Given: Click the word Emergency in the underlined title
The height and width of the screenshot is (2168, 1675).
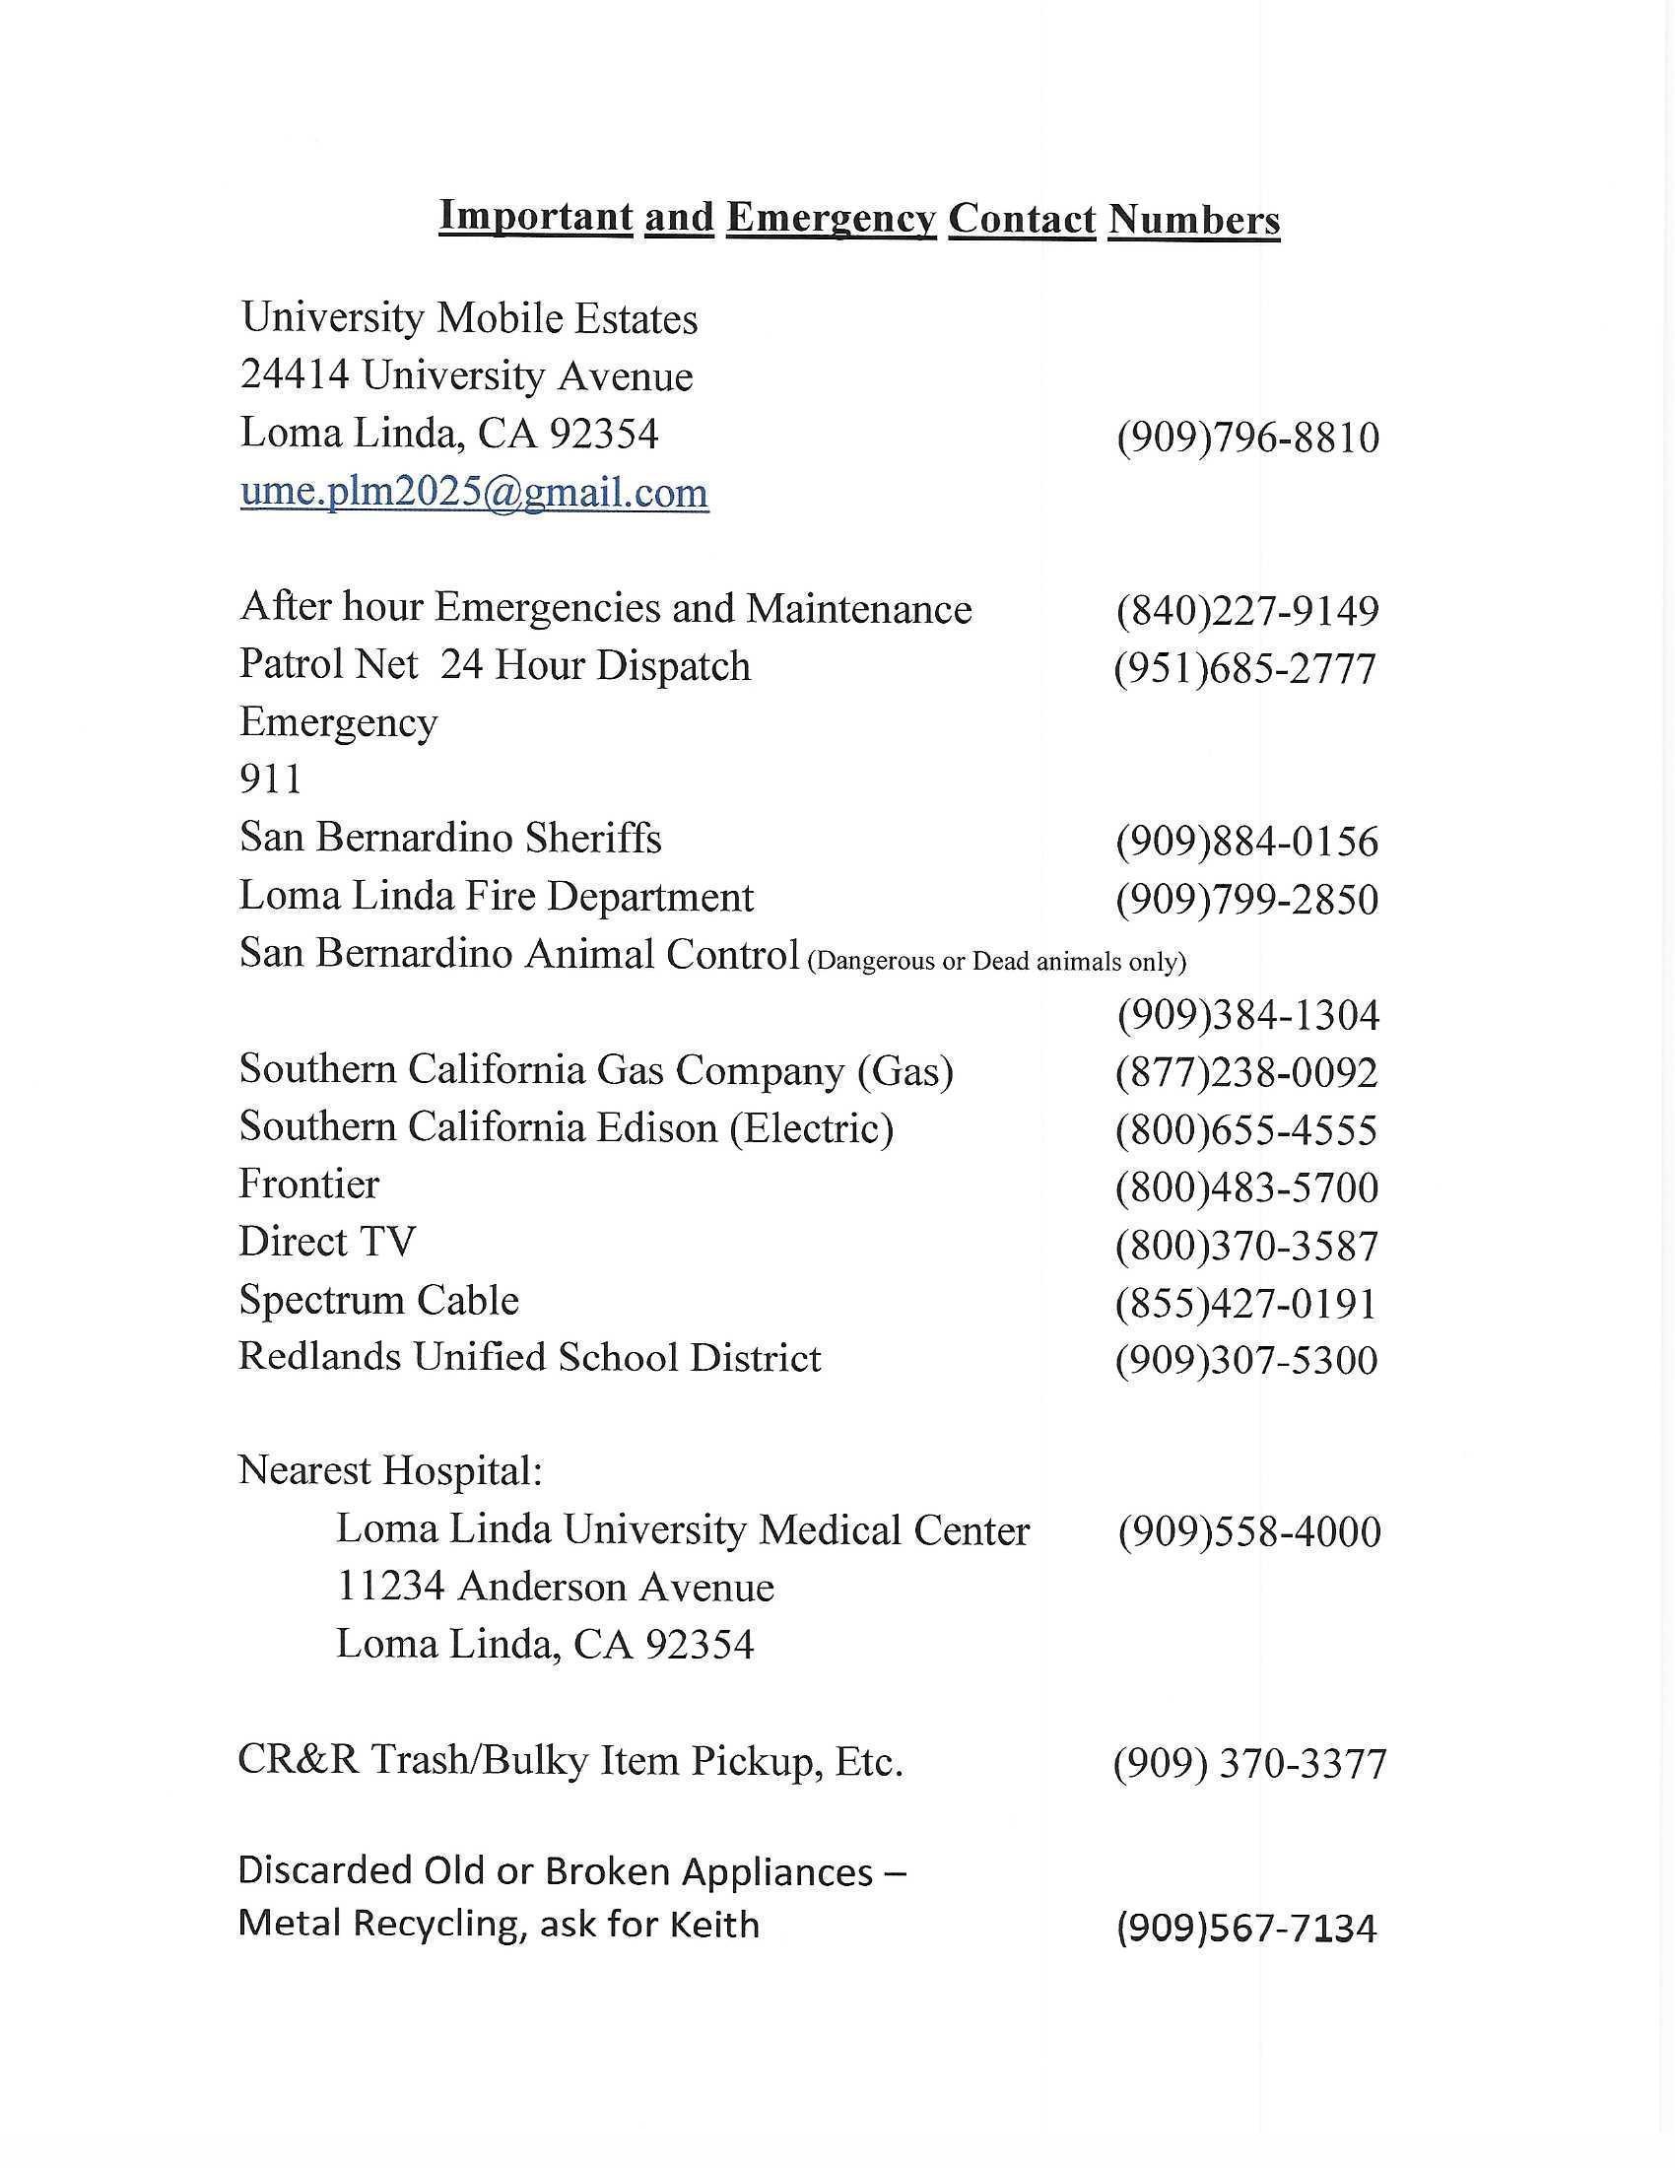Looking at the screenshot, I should [x=831, y=219].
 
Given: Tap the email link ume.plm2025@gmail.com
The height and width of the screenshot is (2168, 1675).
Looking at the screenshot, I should [x=474, y=493].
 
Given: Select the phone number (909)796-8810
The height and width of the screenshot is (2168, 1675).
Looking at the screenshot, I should [x=1247, y=438].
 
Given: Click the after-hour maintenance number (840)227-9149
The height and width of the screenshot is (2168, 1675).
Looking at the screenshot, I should [x=1247, y=611].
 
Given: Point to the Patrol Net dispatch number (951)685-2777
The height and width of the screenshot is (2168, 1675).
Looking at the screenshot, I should [x=1245, y=668].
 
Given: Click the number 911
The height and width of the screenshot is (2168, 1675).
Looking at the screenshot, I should [x=270, y=779].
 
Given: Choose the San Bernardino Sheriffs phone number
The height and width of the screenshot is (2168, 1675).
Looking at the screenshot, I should [x=1247, y=842].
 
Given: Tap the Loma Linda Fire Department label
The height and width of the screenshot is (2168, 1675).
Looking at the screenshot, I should [x=497, y=897].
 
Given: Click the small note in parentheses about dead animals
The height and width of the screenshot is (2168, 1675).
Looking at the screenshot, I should [x=996, y=962].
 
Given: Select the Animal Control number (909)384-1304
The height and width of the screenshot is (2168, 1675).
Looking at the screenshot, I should [x=1248, y=1014].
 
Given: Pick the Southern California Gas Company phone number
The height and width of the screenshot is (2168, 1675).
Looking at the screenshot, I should [x=1246, y=1072].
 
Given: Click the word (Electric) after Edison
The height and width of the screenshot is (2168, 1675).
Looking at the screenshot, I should [x=812, y=1127].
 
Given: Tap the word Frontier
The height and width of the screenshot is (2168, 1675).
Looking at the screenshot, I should [x=308, y=1185].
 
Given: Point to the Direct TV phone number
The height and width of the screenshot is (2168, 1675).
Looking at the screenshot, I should [x=1246, y=1245].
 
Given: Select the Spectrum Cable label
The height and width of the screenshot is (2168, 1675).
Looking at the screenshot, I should [x=378, y=1301].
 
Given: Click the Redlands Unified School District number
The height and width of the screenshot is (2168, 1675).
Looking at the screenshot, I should [x=1246, y=1360].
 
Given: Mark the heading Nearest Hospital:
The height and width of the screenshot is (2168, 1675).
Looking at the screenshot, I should [x=390, y=1470].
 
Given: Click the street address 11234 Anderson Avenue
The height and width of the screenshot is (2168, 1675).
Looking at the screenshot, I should [x=555, y=1587].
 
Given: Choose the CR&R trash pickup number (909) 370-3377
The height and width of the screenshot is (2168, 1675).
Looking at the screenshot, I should [x=1249, y=1764].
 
